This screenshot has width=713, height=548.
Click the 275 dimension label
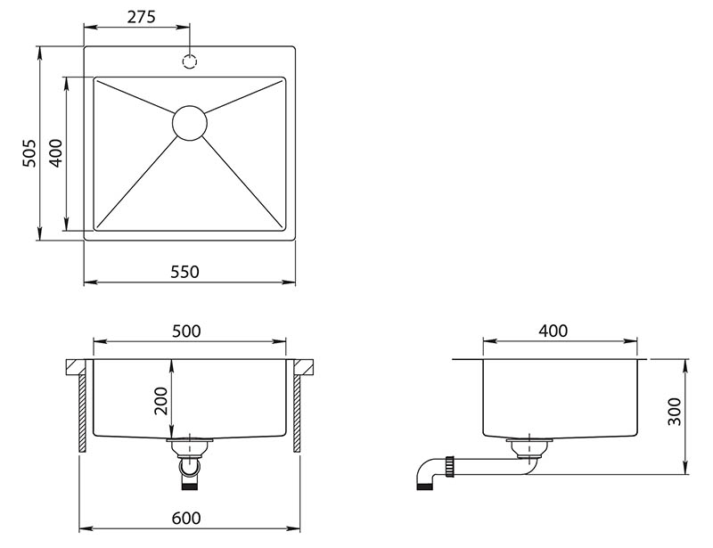tap(141, 17)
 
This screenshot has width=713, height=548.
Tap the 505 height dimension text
tap(29, 152)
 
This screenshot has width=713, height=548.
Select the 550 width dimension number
tap(185, 272)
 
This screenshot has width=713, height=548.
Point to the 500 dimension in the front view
tap(186, 331)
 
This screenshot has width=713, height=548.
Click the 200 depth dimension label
tap(161, 401)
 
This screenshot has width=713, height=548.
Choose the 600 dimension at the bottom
tap(186, 518)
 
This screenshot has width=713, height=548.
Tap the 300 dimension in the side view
tap(675, 412)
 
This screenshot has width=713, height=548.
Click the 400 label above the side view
tap(553, 331)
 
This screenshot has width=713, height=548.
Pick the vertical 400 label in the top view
tap(56, 152)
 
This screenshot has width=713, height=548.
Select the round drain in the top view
tap(190, 123)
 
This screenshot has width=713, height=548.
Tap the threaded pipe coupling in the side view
tap(451, 465)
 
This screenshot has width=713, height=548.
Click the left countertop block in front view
tap(76, 367)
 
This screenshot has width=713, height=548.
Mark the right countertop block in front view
tap(304, 367)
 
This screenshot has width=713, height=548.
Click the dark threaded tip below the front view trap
tap(190, 487)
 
